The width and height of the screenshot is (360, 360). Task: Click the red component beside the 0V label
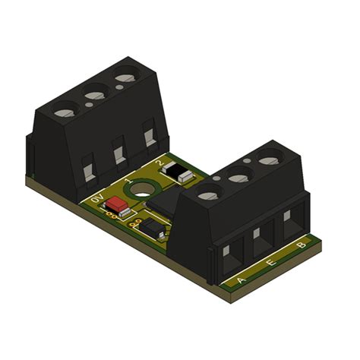coord(117,204)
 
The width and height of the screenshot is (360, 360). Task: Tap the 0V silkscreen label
coord(96,200)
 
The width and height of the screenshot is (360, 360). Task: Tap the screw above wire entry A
coord(208,195)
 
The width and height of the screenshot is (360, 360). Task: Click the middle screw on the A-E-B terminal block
coord(240,177)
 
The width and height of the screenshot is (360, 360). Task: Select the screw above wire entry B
coord(270,159)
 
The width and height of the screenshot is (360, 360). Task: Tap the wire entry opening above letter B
coord(291,222)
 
